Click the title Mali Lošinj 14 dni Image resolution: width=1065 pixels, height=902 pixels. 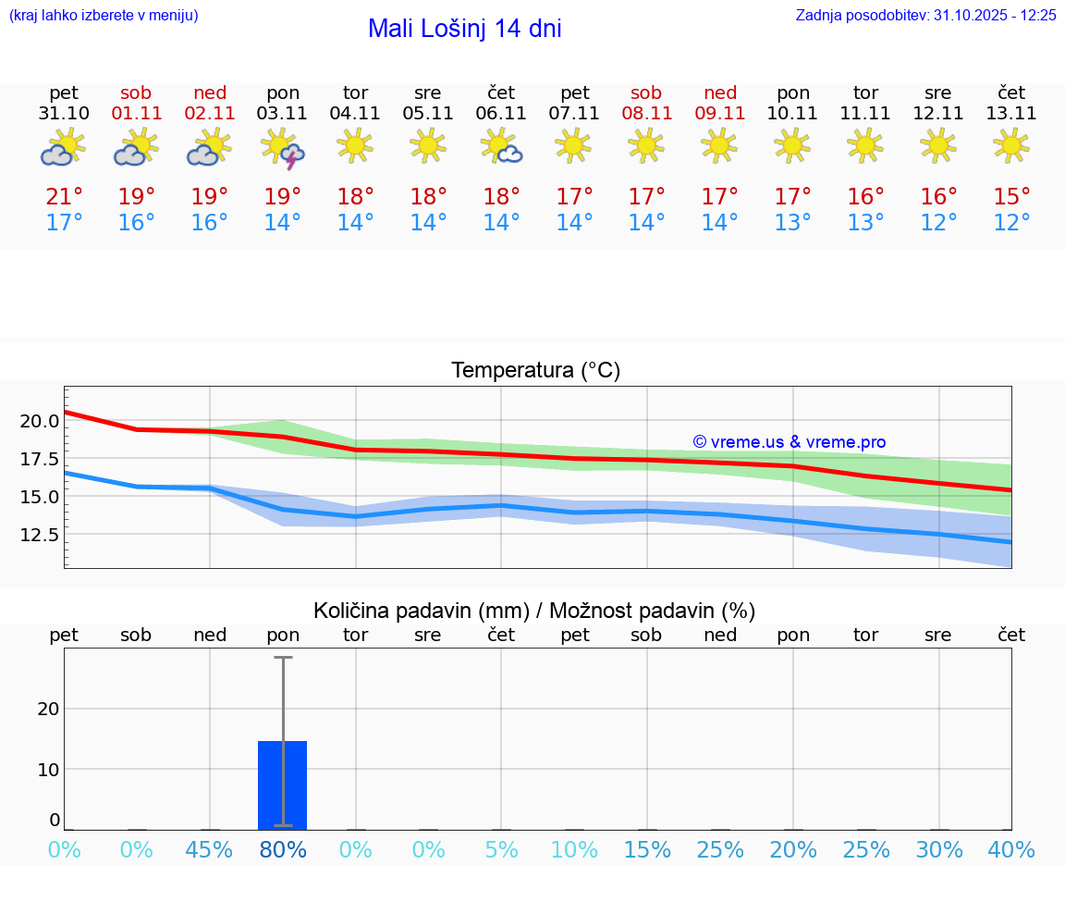[464, 29]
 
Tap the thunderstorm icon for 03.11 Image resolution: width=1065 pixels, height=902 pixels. [283, 148]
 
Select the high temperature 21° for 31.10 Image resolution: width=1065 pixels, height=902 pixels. [64, 197]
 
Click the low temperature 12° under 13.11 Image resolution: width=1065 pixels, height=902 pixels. [1011, 223]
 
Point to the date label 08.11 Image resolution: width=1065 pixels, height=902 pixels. [646, 114]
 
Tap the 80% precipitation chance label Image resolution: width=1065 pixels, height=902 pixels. [283, 850]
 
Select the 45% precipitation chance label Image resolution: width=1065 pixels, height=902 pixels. [210, 850]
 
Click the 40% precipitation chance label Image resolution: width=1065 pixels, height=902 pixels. [1011, 850]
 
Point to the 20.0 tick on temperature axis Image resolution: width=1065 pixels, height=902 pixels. [40, 421]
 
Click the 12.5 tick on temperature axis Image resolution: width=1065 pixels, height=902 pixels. [40, 535]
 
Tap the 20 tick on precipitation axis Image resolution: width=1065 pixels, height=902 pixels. [48, 709]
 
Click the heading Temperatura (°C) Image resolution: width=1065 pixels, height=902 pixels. [535, 371]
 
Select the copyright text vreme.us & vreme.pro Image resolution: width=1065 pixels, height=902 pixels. [789, 442]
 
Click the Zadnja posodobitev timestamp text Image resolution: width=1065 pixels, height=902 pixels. [925, 16]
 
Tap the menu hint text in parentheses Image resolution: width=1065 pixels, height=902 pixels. [104, 16]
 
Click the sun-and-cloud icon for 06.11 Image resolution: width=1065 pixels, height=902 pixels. [501, 146]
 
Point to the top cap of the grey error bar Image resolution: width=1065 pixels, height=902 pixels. [283, 658]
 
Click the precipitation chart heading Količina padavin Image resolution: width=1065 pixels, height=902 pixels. [534, 611]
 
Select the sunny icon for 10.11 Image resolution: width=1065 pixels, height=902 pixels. [792, 145]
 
